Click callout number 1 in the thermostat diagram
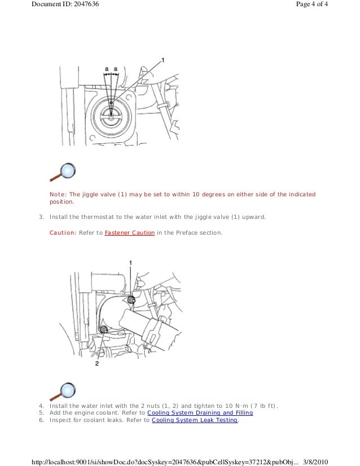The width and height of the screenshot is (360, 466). pos(164,59)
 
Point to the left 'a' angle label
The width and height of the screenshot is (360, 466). pos(106,69)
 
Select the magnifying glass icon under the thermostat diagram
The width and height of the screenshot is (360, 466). pos(63,172)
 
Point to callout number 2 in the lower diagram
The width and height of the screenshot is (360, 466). pos(97,364)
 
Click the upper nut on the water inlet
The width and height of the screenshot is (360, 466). pos(131,298)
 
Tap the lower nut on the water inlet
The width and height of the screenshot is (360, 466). pos(103,329)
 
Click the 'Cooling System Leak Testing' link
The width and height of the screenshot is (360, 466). pos(195,420)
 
